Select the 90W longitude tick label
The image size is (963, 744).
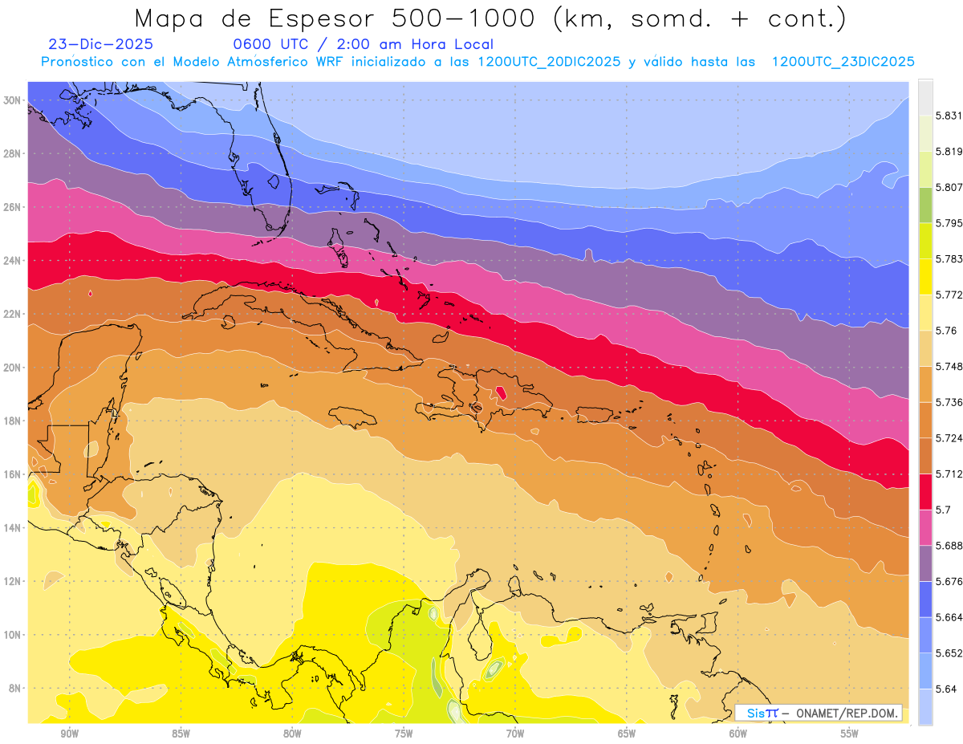pos(69,734)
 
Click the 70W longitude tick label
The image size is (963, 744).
pos(514,734)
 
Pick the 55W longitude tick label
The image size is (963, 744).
pos(849,734)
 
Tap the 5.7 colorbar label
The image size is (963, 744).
pos(943,510)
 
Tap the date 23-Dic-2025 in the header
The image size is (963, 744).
pos(100,45)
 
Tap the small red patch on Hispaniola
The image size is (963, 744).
pos(502,392)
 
